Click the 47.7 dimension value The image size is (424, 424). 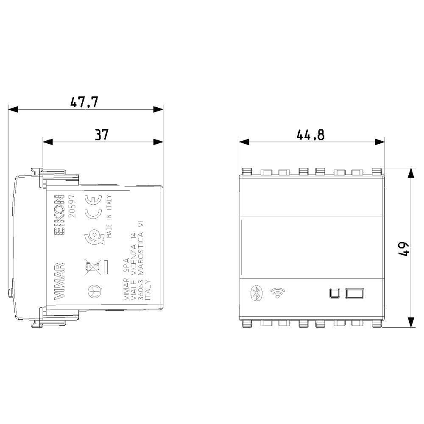tap(84, 102)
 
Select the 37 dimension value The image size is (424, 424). tap(102, 134)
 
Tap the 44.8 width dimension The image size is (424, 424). tap(310, 135)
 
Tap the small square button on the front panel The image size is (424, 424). tap(335, 293)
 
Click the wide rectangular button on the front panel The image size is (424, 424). tap(354, 293)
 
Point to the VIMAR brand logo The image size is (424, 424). tap(59, 281)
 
